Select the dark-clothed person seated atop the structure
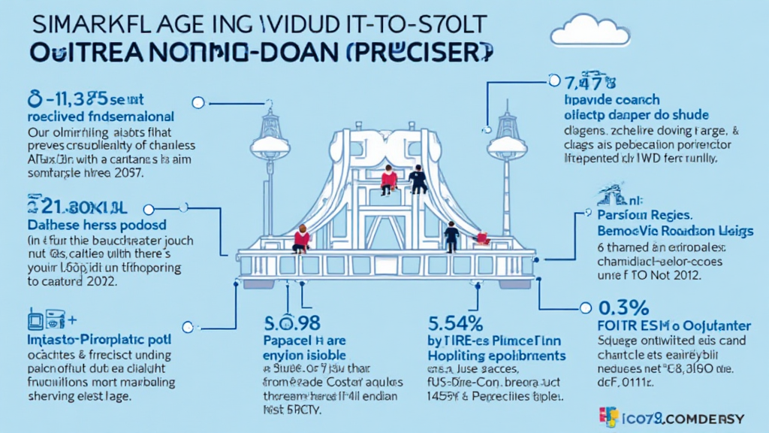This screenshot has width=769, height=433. (x=418, y=180)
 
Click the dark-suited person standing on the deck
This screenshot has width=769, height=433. (x=451, y=236)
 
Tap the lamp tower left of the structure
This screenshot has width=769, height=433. (x=268, y=150)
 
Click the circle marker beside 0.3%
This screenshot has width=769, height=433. (x=586, y=308)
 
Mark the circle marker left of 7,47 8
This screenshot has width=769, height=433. (x=554, y=80)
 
